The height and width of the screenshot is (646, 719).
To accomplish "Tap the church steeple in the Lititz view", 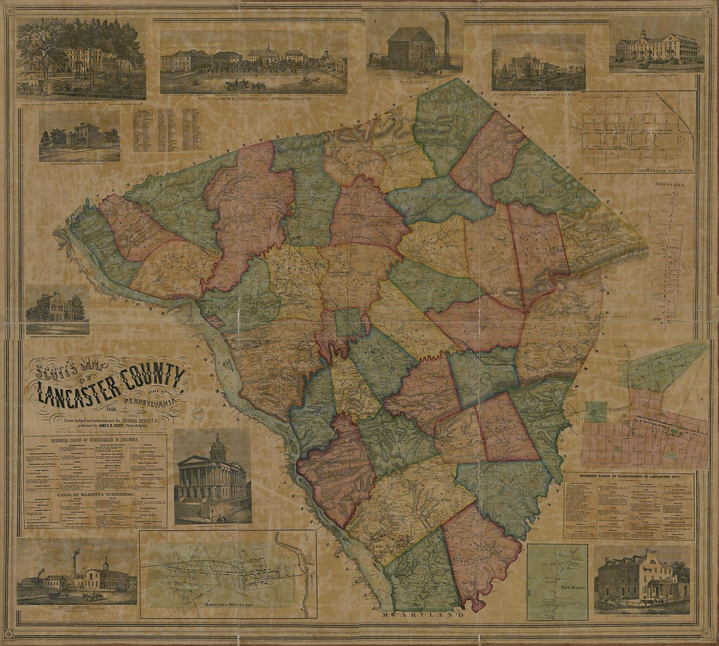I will click(x=267, y=47).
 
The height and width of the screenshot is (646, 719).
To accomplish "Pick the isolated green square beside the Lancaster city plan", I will click(x=595, y=412).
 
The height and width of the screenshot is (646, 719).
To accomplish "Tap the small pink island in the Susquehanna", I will click(x=214, y=321).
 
